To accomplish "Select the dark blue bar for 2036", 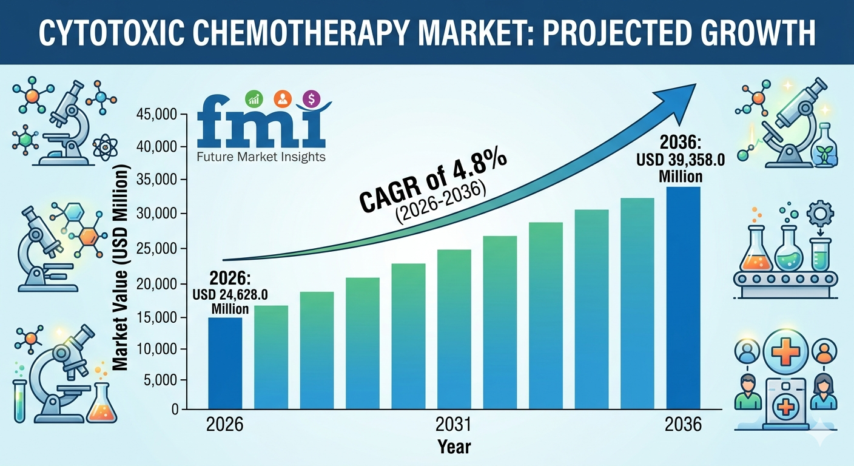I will pyautogui.click(x=684, y=297).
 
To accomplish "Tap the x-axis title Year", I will pyautogui.click(x=454, y=447).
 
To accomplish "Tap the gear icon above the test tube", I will pyautogui.click(x=821, y=214).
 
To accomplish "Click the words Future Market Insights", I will pyautogui.click(x=261, y=157).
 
